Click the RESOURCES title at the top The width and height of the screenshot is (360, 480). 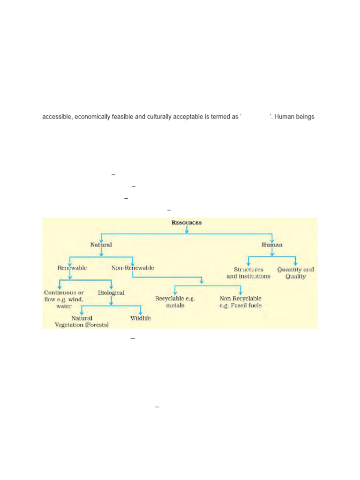coord(187,223)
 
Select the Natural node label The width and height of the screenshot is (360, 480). coord(101,245)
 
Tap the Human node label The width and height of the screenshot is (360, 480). coord(272,245)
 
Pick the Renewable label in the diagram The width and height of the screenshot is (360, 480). coord(72,268)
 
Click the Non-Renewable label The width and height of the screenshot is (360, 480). coord(133,268)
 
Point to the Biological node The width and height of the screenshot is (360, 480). coord(111,292)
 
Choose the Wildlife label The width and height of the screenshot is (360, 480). coord(141,318)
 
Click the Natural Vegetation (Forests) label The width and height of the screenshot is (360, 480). coord(82,321)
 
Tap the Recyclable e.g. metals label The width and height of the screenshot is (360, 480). coord(175,301)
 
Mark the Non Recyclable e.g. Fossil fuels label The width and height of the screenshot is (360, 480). coord(240,301)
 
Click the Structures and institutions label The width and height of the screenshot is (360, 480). coord(248,273)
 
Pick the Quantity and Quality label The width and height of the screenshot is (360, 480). coord(295,273)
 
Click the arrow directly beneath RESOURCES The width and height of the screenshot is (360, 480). coord(187,230)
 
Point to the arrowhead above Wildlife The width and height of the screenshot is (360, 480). coord(141,313)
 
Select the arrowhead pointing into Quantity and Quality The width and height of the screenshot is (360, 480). coord(295,263)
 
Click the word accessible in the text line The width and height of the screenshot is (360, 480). coord(55,117)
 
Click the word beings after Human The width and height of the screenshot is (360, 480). coord(305,117)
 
